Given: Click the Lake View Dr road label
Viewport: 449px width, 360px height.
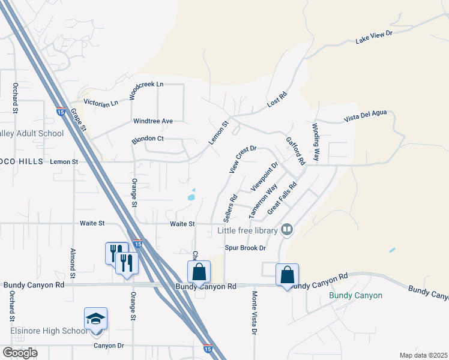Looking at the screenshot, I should pos(373,37).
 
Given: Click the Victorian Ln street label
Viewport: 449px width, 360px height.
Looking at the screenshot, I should pos(101,103).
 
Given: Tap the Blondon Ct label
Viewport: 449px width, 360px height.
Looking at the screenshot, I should pos(148,140).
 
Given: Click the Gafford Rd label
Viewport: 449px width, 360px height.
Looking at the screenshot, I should pos(295,151).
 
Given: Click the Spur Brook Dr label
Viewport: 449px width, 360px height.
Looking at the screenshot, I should pos(245,248).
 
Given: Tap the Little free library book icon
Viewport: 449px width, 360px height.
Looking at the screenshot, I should pos(288,230).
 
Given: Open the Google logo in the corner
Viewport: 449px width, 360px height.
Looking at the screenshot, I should pos(20,353).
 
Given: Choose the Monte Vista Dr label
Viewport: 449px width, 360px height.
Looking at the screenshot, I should pos(255,313).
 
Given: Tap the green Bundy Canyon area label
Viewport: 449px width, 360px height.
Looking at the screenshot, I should pos(356,296).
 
